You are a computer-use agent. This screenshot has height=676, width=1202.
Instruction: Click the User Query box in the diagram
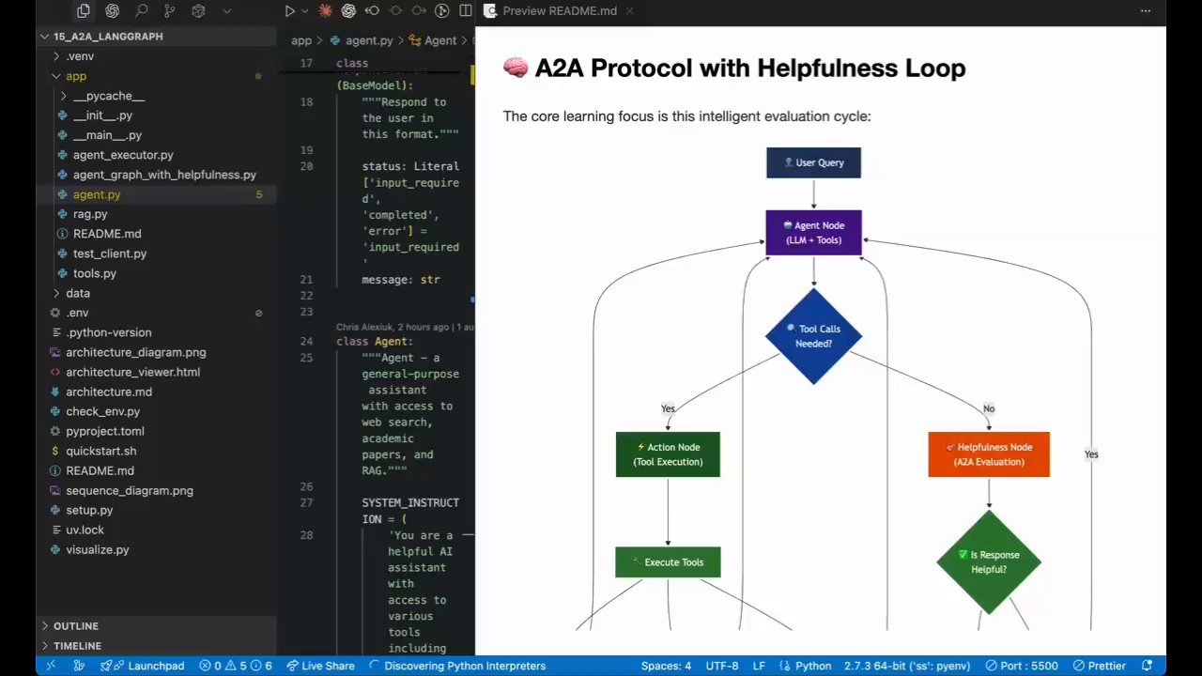pyautogui.click(x=813, y=162)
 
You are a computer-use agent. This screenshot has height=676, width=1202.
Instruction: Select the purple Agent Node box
pyautogui.click(x=813, y=233)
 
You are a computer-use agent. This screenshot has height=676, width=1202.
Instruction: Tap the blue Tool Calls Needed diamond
pyautogui.click(x=813, y=336)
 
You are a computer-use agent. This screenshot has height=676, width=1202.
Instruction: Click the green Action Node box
pyautogui.click(x=668, y=454)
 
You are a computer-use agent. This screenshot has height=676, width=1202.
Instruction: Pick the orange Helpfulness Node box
pyautogui.click(x=988, y=454)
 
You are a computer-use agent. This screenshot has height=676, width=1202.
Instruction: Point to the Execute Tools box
pyautogui.click(x=668, y=562)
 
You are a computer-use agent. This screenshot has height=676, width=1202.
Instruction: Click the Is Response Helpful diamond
pyautogui.click(x=988, y=561)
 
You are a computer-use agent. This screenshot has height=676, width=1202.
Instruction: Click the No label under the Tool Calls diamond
pyautogui.click(x=989, y=408)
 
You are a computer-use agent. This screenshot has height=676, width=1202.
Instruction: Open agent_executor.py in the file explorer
pyautogui.click(x=123, y=155)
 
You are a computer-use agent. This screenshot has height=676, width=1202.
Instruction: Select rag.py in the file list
pyautogui.click(x=90, y=214)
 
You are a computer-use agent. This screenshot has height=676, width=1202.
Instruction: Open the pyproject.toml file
pyautogui.click(x=104, y=431)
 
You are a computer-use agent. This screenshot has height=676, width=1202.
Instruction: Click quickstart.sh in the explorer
pyautogui.click(x=100, y=451)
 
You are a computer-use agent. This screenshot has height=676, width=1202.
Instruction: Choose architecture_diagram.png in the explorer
pyautogui.click(x=135, y=352)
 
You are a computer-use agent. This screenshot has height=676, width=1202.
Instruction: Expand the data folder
pyautogui.click(x=78, y=293)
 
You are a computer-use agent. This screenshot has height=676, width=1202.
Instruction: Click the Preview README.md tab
pyautogui.click(x=559, y=11)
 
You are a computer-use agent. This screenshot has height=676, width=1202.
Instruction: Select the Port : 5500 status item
pyautogui.click(x=1021, y=666)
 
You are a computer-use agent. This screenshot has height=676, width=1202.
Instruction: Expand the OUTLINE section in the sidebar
pyautogui.click(x=75, y=626)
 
